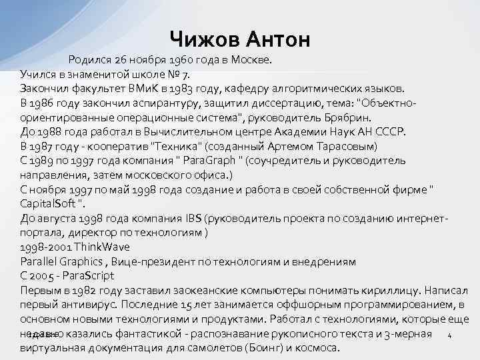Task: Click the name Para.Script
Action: [x=87, y=275]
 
